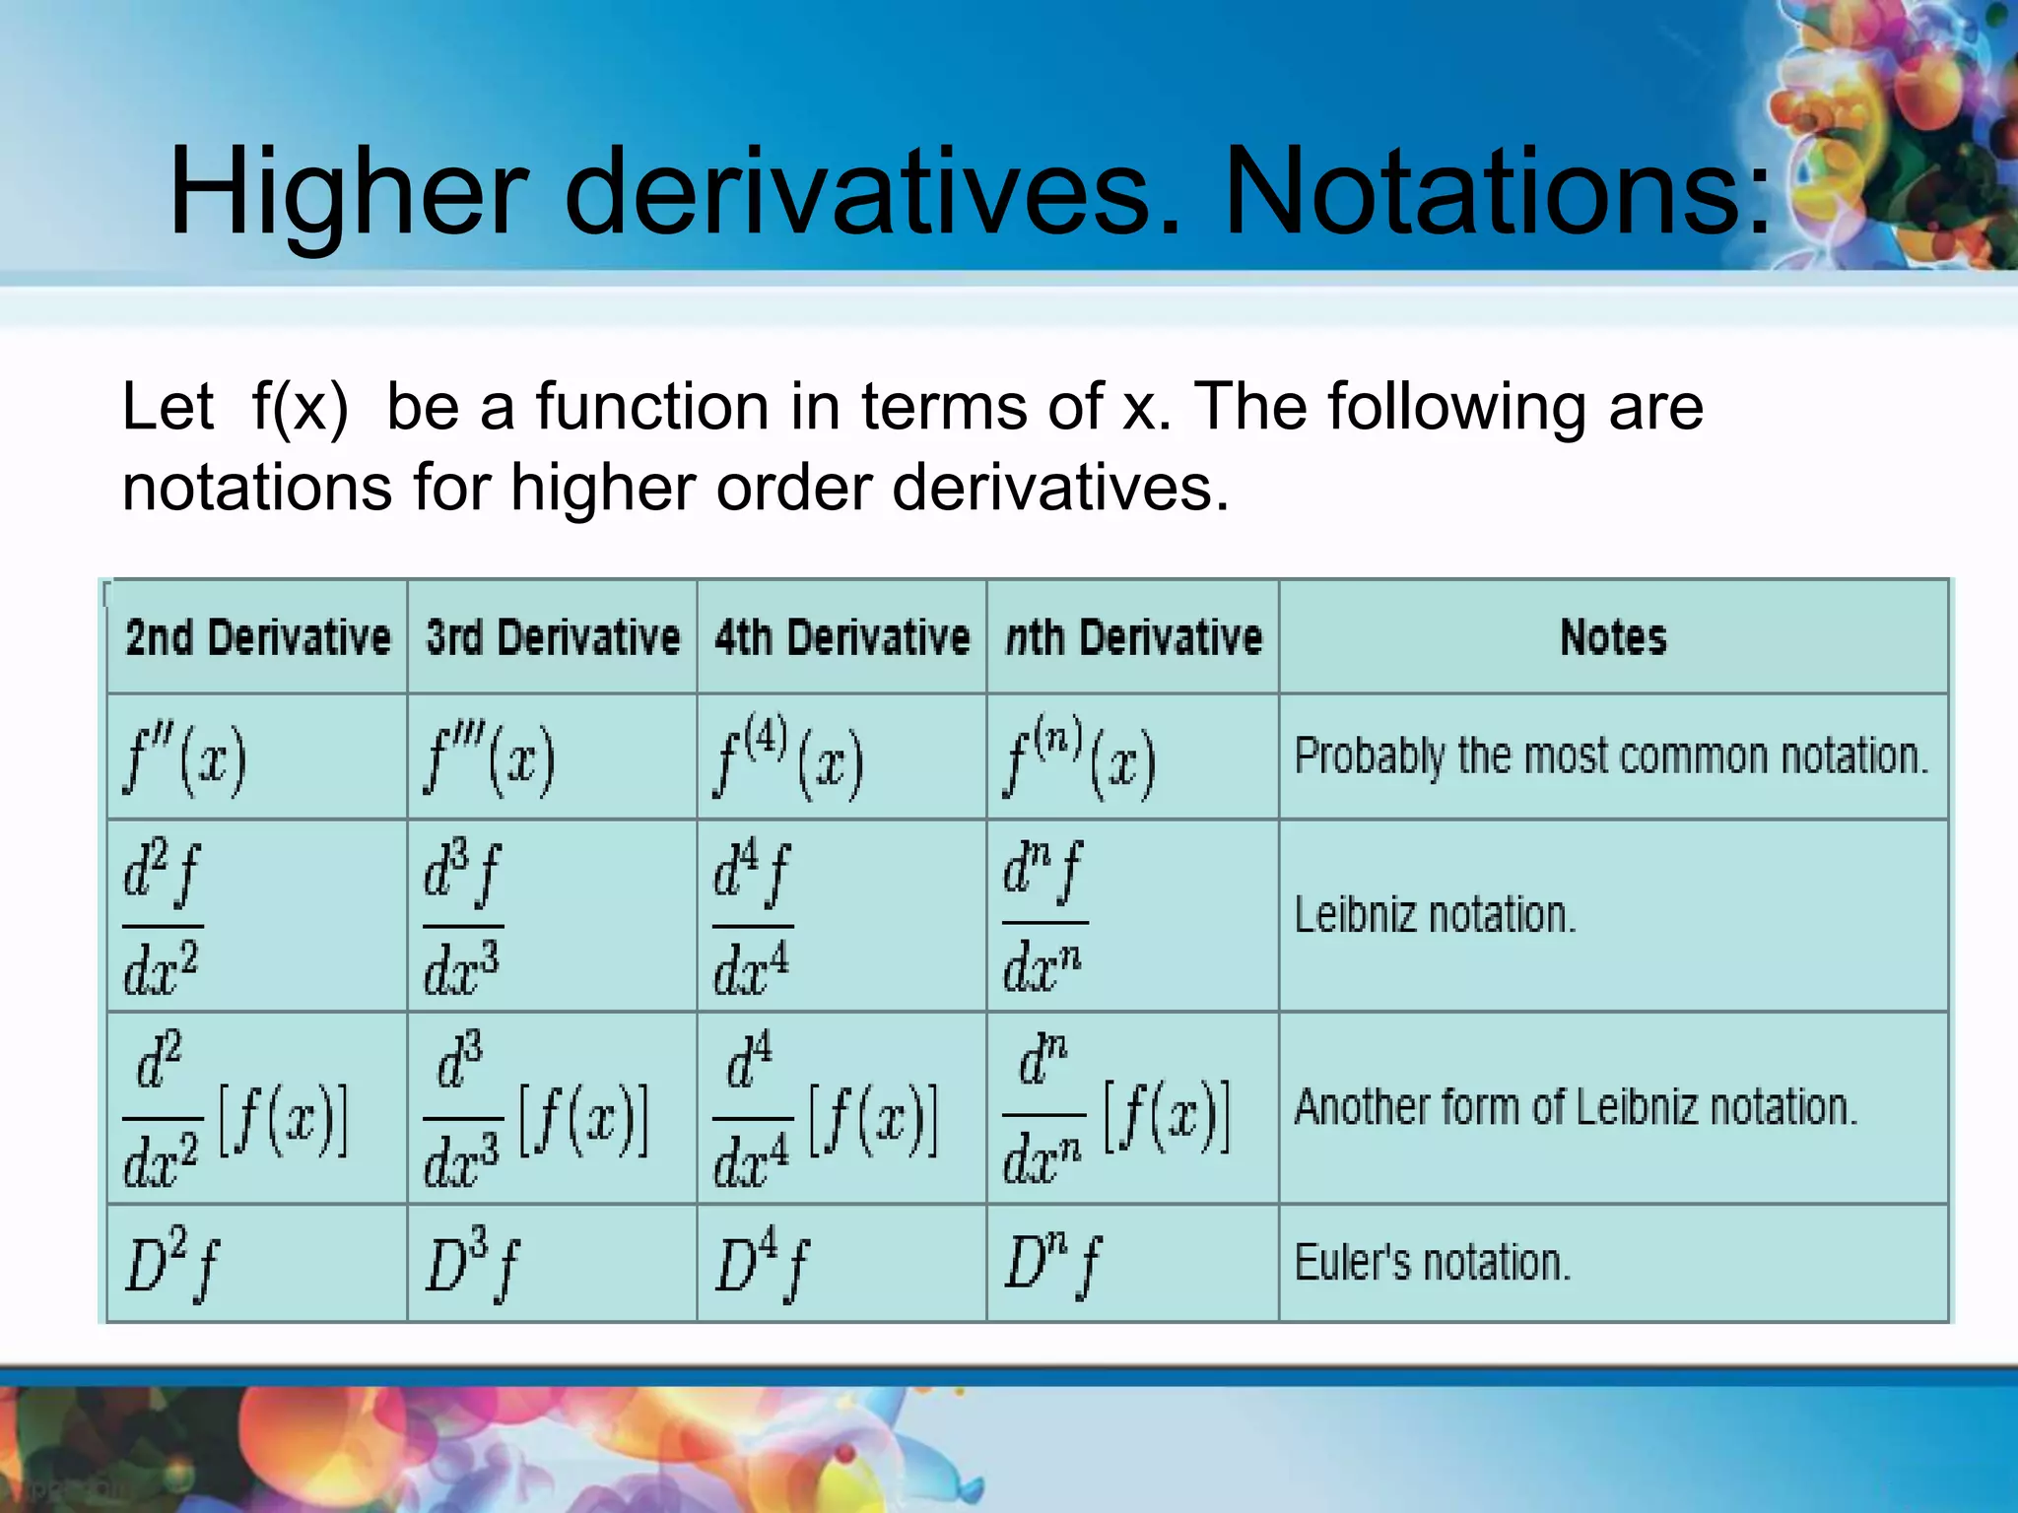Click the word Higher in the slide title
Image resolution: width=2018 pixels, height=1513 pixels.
point(349,192)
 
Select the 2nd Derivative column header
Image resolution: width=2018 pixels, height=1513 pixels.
point(258,637)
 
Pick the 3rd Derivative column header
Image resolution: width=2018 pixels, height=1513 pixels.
point(553,637)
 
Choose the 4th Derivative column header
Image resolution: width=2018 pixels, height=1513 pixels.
point(842,637)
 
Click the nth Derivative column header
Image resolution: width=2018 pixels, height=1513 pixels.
point(1133,637)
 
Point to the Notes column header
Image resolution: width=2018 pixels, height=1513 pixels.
point(1613,637)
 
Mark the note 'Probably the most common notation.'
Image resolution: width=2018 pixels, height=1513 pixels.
point(1611,756)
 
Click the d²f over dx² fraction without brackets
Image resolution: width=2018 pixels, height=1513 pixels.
point(162,917)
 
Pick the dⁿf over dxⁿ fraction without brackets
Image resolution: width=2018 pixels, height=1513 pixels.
point(1043,917)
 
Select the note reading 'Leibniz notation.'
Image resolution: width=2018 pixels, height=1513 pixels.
point(1435,915)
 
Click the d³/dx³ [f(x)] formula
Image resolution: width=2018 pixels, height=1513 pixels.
point(535,1109)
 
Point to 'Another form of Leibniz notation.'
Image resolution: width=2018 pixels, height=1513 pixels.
point(1576,1107)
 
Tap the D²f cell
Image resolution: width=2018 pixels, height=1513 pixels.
point(172,1264)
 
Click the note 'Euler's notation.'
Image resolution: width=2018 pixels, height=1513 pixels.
point(1432,1263)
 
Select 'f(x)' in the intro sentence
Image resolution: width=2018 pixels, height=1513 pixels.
point(300,407)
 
